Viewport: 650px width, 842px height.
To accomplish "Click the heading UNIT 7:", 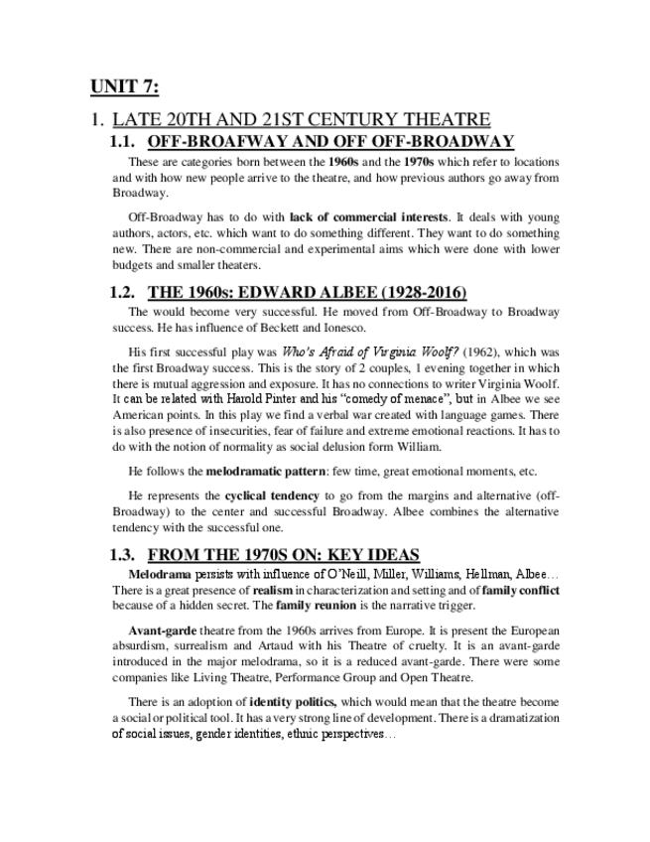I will tap(124, 86).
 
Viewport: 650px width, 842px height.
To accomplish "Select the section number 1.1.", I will tap(129, 141).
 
